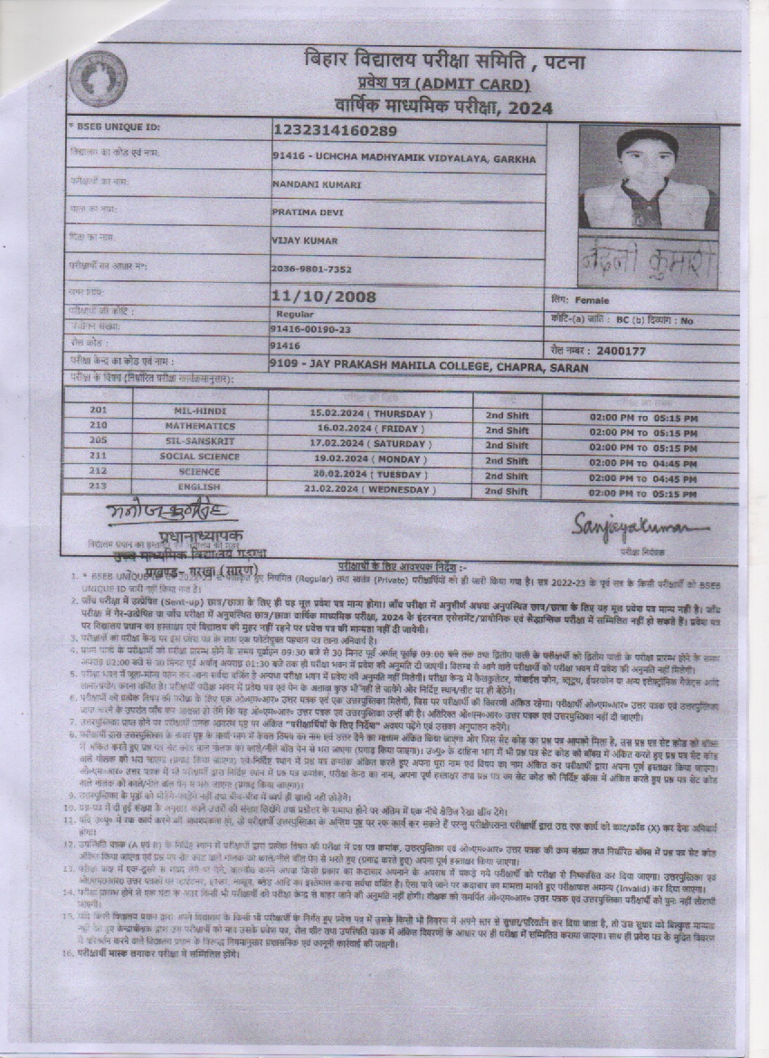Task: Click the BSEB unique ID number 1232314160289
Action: click(x=334, y=130)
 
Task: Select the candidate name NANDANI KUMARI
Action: click(x=317, y=184)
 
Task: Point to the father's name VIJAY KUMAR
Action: click(x=304, y=241)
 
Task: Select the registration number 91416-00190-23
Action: click(x=310, y=329)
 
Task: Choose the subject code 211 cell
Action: click(x=99, y=457)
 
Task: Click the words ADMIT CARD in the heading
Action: click(x=479, y=84)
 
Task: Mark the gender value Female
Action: click(x=592, y=300)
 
